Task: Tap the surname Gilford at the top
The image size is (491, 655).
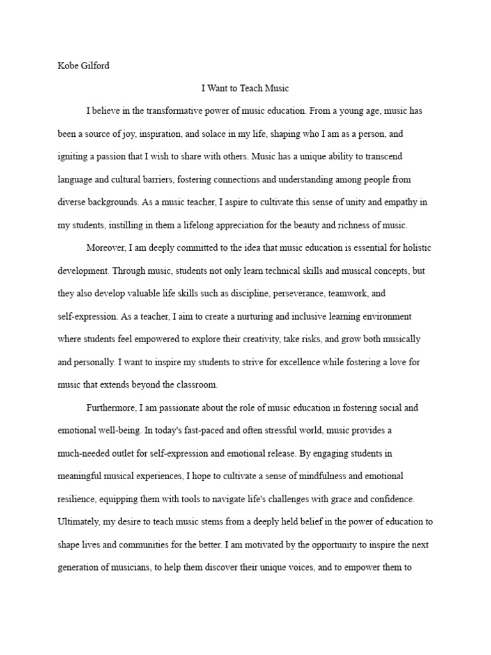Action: point(95,66)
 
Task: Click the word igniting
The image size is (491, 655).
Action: point(72,157)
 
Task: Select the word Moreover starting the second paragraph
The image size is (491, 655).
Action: point(107,248)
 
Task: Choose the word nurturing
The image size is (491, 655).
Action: point(240,317)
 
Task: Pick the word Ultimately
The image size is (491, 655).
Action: point(79,522)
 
